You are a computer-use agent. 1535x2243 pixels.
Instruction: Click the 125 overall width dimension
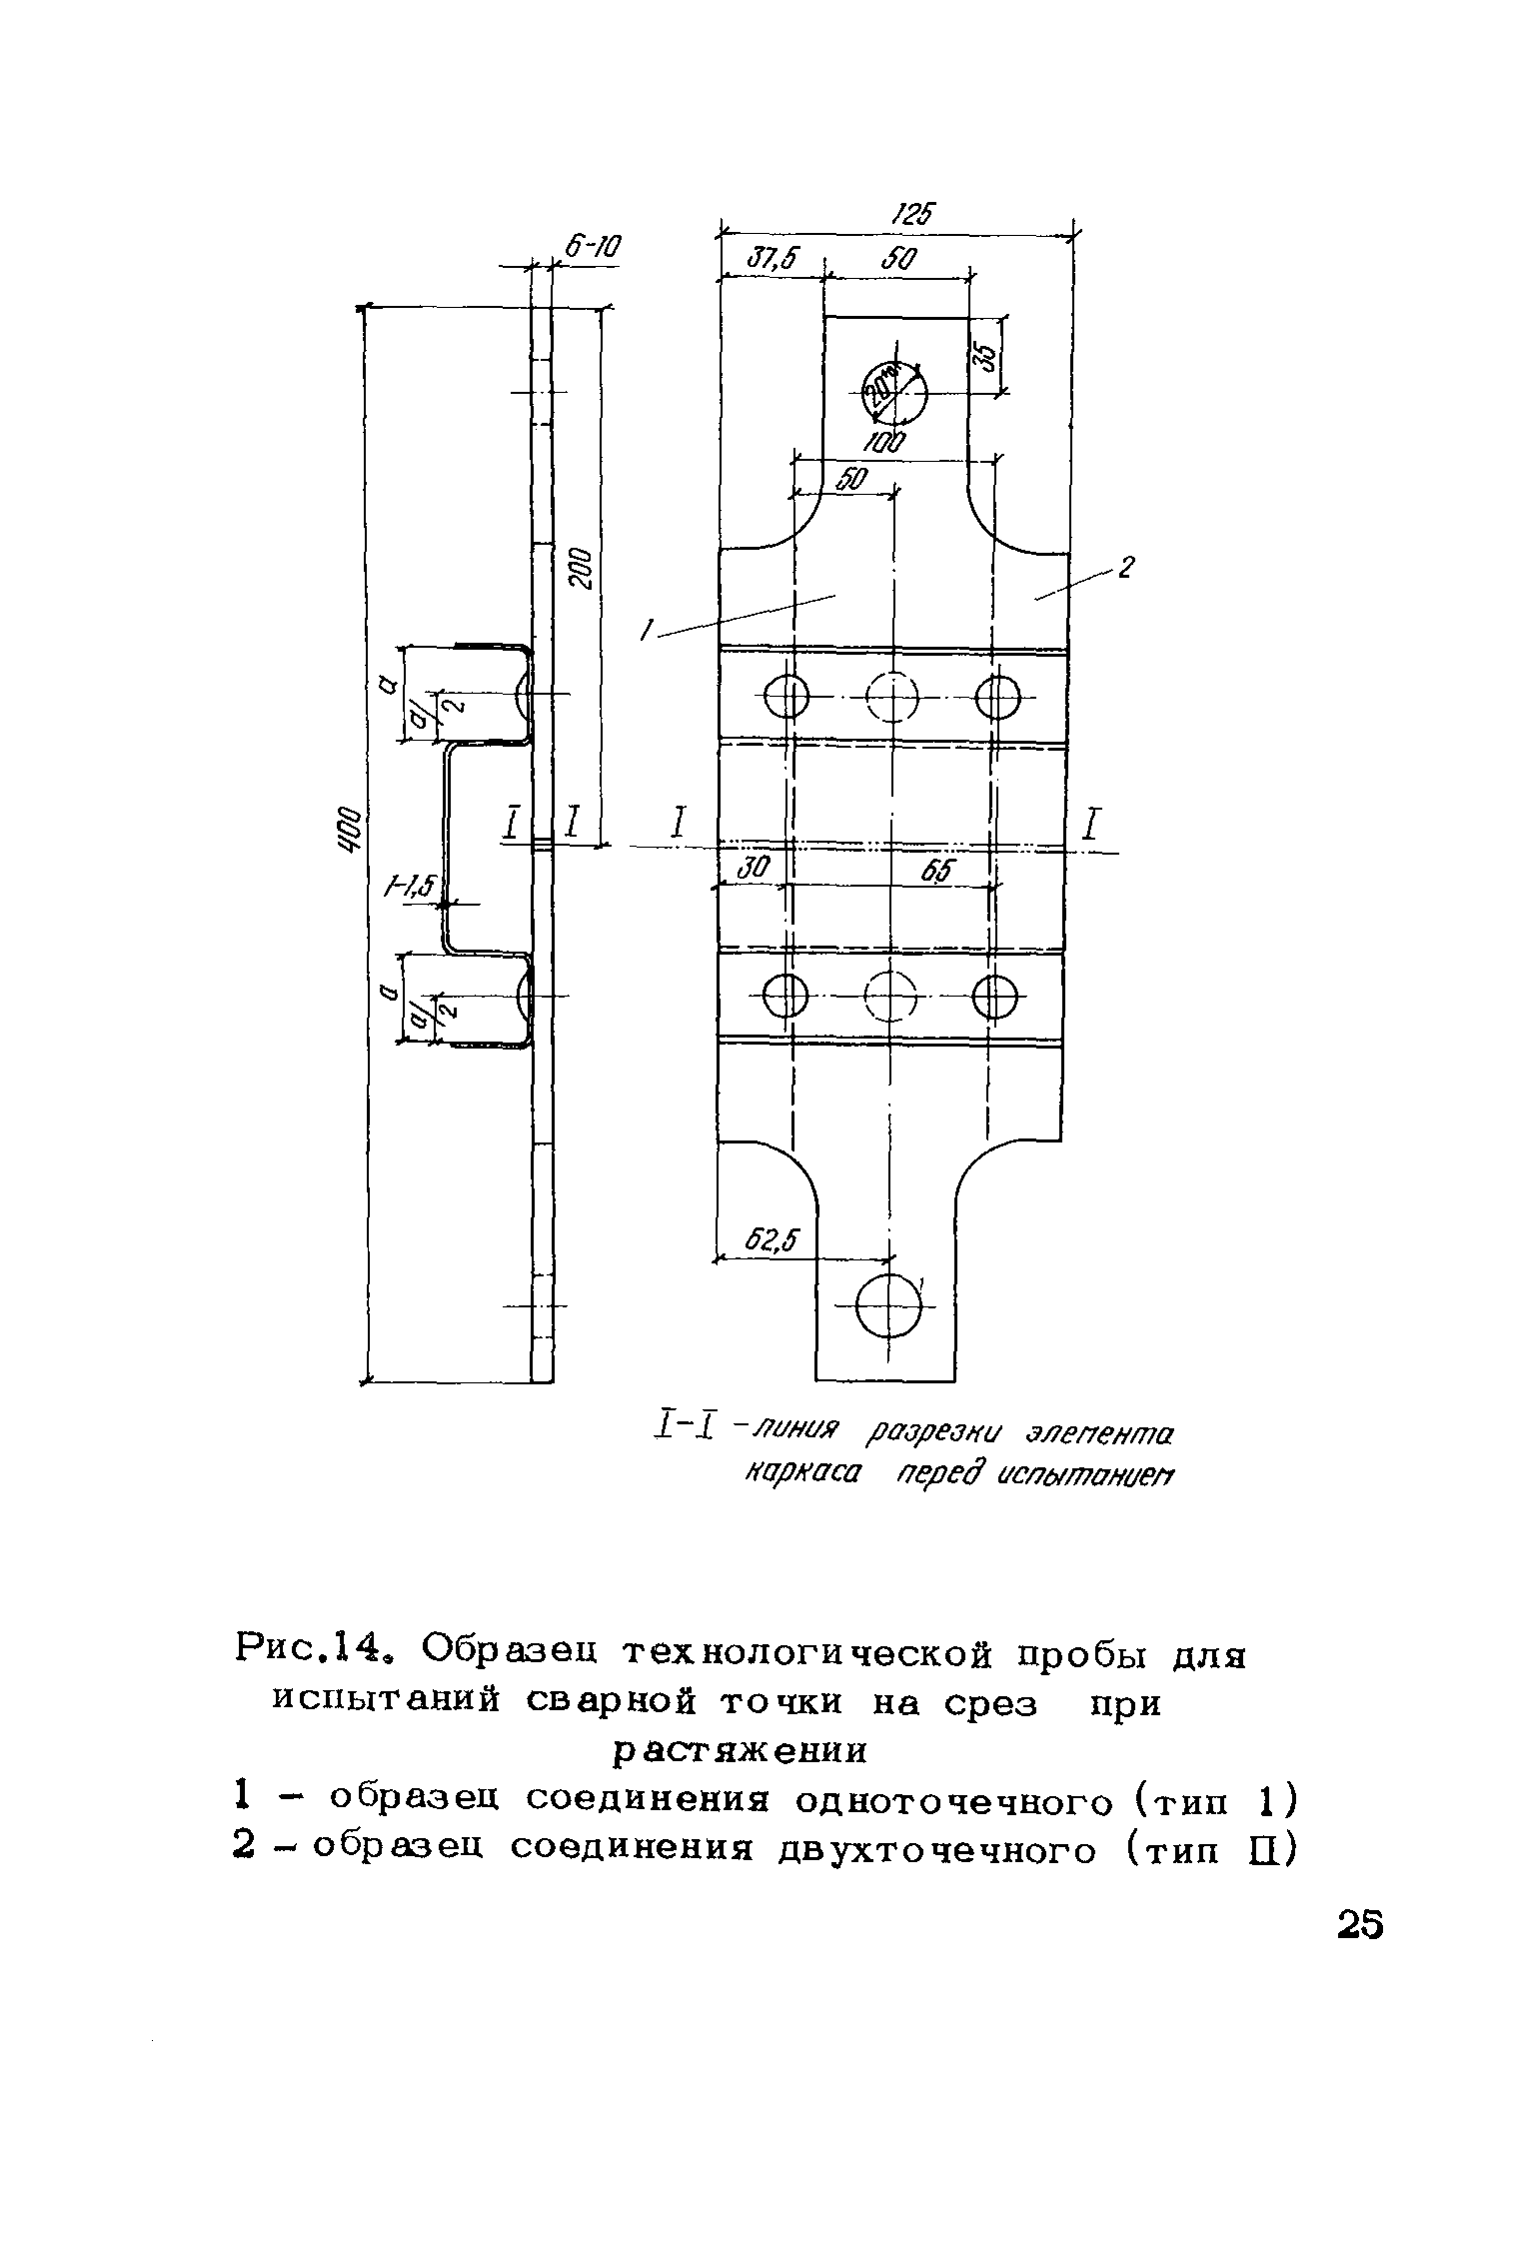pos(909,214)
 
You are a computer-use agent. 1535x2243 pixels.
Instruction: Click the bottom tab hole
pos(887,1306)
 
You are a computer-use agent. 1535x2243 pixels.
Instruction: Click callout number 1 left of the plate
pos(648,630)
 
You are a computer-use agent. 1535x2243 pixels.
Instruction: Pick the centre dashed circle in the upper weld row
pos(891,696)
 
